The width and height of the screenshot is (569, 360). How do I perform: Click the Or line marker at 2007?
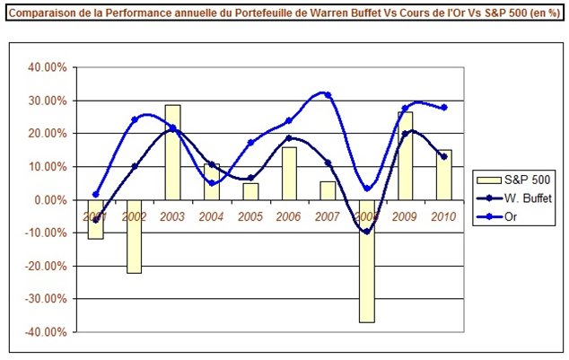[328, 94]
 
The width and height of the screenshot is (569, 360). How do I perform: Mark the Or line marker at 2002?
[134, 119]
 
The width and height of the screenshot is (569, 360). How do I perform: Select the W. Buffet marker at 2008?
[366, 232]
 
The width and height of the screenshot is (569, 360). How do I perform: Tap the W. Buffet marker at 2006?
[288, 138]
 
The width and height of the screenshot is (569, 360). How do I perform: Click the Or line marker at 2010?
[443, 107]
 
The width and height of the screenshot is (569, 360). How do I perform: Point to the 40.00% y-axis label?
[45, 67]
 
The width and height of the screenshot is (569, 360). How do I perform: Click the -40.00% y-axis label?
[43, 331]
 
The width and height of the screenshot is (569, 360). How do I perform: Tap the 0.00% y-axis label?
[47, 199]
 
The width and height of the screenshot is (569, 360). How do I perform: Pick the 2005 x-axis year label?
[250, 216]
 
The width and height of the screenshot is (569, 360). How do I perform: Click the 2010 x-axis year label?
[443, 216]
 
